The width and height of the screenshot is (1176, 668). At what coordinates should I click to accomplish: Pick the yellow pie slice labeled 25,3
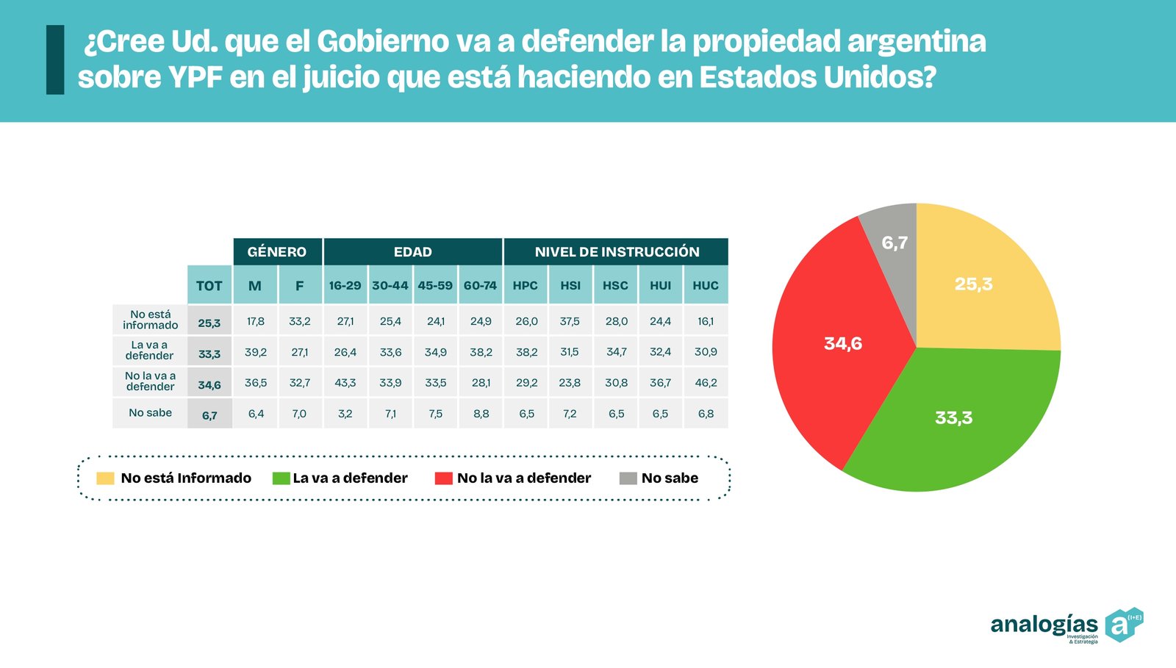[x=978, y=287]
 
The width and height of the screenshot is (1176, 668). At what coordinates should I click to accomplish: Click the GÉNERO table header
[x=277, y=251]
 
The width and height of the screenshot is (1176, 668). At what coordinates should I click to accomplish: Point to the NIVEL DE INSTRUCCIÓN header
[x=617, y=251]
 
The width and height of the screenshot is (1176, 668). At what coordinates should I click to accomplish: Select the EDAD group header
[x=412, y=251]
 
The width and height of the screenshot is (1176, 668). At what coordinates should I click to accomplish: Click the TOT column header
[x=209, y=285]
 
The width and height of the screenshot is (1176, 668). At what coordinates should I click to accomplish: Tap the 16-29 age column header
[x=345, y=285]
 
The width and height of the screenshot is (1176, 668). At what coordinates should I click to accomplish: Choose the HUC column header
[x=706, y=285]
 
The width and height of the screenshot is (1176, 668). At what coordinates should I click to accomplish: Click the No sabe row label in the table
[x=150, y=413]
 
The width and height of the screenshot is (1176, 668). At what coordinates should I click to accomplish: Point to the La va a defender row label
[x=149, y=350]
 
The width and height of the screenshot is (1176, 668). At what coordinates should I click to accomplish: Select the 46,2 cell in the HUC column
[x=706, y=383]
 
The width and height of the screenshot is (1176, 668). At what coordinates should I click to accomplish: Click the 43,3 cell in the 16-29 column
[x=345, y=383]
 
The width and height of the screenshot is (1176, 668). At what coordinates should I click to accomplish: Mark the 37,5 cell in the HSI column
[x=570, y=321]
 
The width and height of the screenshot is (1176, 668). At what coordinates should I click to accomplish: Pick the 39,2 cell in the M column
[x=256, y=352]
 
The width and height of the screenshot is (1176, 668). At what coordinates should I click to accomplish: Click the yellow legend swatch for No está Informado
[x=105, y=478]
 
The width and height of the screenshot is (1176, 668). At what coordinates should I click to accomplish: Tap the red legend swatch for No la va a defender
[x=443, y=478]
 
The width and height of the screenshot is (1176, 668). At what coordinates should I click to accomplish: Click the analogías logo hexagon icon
[x=1122, y=625]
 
